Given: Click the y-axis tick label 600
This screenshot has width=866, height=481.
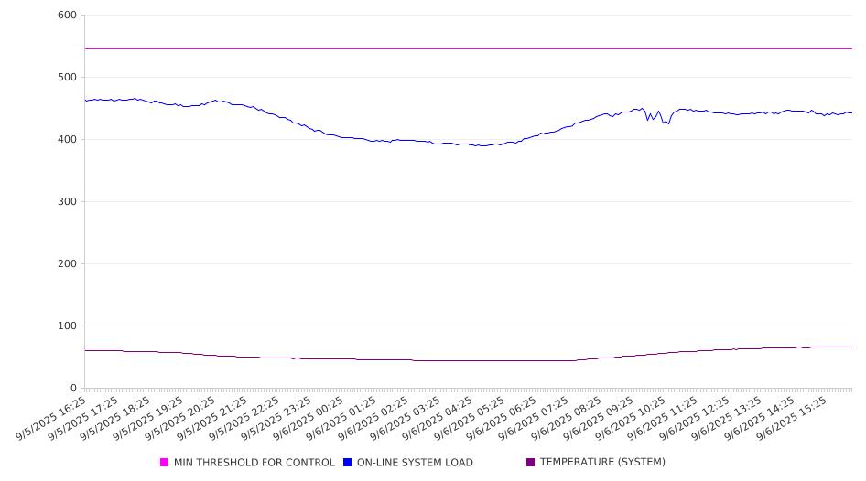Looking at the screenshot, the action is coord(67,15).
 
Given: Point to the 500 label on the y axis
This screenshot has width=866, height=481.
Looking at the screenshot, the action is coord(67,77).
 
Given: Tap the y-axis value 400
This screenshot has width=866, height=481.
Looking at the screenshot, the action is coord(67,140).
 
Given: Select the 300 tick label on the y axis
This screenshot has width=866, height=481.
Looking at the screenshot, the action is coord(67,202).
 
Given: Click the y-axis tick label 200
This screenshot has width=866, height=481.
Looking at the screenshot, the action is coord(67,263).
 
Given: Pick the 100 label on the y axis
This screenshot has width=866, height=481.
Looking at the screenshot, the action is coord(67,326).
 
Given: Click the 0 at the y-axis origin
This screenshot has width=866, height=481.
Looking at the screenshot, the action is coord(73,389).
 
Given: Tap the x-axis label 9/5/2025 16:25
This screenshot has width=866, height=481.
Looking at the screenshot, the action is coord(51,418).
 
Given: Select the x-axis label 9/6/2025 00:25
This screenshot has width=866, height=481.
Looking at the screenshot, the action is coord(309,418).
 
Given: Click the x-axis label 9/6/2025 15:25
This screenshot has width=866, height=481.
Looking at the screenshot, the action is coord(792,418).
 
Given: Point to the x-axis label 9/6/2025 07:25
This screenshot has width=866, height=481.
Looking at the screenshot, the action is coord(534,418).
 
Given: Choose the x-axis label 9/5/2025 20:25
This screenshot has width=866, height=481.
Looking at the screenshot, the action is coord(179,418).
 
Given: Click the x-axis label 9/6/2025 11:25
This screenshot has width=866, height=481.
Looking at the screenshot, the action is coord(663,418).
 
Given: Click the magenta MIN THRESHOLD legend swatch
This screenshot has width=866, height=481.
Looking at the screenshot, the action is coord(164,462).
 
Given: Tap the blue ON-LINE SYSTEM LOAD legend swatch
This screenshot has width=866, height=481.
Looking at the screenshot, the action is coord(347,462).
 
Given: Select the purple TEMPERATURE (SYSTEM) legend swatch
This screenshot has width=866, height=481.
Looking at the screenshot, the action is coord(531,462).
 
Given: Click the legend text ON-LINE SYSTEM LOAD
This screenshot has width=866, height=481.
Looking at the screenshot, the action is coord(415,462).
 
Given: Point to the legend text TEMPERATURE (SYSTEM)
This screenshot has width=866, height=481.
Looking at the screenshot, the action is coord(602,462).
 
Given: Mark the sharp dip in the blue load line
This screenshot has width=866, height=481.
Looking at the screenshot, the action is coord(667,123).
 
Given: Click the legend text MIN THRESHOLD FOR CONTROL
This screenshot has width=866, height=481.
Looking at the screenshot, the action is coord(254,462).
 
